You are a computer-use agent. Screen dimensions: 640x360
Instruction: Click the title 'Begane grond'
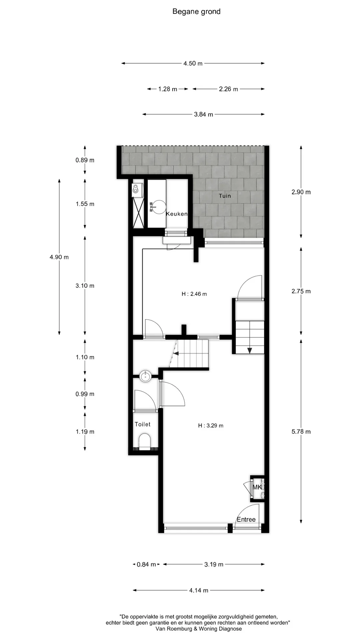tap(196, 12)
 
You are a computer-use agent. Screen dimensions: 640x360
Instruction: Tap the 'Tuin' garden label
tap(225, 196)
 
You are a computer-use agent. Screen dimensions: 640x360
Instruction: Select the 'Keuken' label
tap(177, 214)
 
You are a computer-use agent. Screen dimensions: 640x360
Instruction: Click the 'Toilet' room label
tap(142, 424)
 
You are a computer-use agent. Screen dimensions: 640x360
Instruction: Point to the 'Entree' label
tap(246, 519)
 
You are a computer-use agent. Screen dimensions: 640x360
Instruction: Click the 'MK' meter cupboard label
tap(257, 487)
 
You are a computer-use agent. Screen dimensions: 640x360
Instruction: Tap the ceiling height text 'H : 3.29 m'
tap(211, 425)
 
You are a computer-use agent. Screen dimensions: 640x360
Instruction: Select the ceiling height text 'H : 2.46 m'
tap(194, 294)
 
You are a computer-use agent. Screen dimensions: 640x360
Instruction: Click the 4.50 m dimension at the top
tap(193, 63)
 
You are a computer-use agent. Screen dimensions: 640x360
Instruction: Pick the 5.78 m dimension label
tap(301, 432)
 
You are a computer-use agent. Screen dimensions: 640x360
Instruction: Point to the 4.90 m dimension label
tap(59, 257)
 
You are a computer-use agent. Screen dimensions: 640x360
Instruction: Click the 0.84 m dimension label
tap(146, 564)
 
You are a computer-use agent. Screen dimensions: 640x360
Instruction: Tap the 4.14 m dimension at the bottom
tap(199, 590)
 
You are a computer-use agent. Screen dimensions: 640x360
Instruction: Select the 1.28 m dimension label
tap(168, 89)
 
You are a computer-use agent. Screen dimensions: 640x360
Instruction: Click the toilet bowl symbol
tap(145, 441)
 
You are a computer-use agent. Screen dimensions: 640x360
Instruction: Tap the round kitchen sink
tap(157, 207)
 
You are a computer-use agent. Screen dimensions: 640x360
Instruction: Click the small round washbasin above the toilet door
tap(145, 376)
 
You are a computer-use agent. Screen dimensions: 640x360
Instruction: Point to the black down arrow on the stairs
tap(250, 350)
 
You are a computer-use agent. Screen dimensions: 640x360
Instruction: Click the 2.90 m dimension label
tap(301, 192)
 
